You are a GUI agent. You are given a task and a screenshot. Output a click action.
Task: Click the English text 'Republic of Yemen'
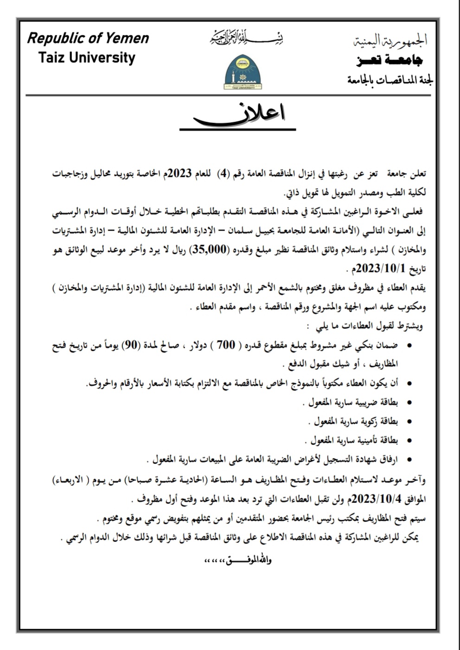click(88, 39)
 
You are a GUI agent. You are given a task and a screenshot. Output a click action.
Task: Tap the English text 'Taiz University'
click(87, 58)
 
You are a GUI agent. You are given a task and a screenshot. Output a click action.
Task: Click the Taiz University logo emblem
click(243, 72)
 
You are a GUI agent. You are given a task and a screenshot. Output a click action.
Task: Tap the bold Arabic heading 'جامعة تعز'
click(390, 60)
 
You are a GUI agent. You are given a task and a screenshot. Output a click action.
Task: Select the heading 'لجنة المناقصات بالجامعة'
click(390, 80)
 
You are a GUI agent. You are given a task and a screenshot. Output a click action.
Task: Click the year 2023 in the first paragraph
click(179, 174)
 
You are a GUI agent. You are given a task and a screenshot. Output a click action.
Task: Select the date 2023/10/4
click(376, 499)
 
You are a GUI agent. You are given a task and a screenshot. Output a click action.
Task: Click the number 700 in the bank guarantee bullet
click(226, 345)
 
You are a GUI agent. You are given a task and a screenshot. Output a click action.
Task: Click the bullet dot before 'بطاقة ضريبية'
click(409, 403)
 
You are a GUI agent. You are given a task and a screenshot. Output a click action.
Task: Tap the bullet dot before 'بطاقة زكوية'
click(409, 422)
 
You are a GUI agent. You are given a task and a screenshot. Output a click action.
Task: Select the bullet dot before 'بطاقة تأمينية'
click(409, 440)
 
